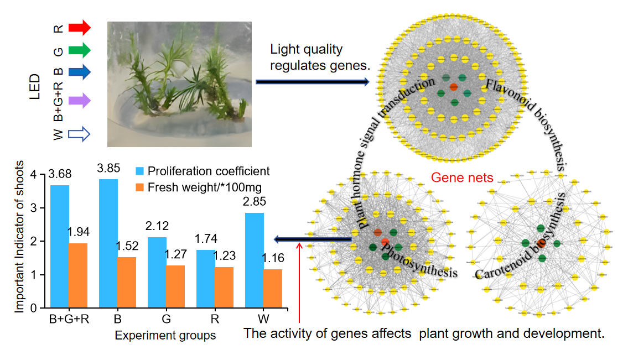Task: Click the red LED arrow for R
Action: click(x=79, y=27)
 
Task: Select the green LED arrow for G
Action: click(x=79, y=50)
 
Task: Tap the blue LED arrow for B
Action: click(x=79, y=72)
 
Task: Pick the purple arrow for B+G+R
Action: click(x=79, y=101)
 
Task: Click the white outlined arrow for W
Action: click(x=79, y=134)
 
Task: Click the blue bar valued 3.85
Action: click(x=108, y=243)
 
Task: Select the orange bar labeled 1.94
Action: click(x=79, y=275)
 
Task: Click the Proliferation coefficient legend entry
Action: click(x=202, y=171)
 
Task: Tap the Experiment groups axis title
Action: click(x=165, y=335)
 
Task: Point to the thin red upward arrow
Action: click(x=299, y=282)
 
